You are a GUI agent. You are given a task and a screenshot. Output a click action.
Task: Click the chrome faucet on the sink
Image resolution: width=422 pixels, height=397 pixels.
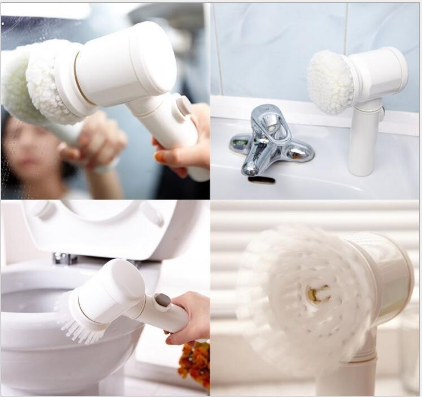tap(269, 141)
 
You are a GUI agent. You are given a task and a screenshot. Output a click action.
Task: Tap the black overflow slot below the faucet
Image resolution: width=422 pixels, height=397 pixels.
tap(261, 180)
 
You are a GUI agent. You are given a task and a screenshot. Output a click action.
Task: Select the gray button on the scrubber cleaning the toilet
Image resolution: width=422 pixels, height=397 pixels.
tap(163, 300)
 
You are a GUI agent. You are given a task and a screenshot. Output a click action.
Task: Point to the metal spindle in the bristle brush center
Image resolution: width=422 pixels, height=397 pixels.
tap(318, 293)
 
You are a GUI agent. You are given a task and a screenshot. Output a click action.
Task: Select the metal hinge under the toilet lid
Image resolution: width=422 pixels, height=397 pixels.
tap(64, 258)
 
